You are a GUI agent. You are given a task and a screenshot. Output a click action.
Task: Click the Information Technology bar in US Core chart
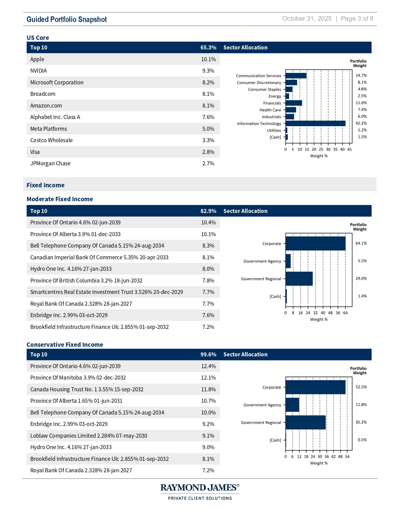pyautogui.click(x=315, y=123)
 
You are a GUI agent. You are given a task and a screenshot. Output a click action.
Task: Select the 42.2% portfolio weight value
pyautogui.click(x=361, y=123)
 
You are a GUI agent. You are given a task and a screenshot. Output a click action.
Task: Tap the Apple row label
pyautogui.click(x=37, y=59)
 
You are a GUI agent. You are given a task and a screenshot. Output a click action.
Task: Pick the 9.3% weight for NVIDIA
pyautogui.click(x=208, y=71)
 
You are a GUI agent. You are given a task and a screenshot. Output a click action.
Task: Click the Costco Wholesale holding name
pyautogui.click(x=51, y=140)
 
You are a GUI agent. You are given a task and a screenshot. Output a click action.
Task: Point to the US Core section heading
pyautogui.click(x=38, y=38)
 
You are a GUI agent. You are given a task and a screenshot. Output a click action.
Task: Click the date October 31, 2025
pyautogui.click(x=307, y=19)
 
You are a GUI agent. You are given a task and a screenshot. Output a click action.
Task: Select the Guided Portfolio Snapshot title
pyautogui.click(x=66, y=19)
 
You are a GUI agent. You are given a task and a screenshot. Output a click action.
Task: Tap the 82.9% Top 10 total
pyautogui.click(x=208, y=211)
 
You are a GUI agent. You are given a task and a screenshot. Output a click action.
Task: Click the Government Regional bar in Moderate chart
pyautogui.click(x=299, y=279)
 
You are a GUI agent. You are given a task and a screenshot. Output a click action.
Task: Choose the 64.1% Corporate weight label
pyautogui.click(x=361, y=243)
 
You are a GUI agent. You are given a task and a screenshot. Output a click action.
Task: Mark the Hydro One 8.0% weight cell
pyautogui.click(x=208, y=269)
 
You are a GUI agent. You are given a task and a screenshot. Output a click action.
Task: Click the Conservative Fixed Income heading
pyautogui.click(x=65, y=345)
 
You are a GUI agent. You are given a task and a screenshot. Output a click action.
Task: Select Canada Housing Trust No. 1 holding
pyautogui.click(x=87, y=389)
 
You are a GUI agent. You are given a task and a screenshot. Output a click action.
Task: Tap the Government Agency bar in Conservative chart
pyautogui.click(x=292, y=405)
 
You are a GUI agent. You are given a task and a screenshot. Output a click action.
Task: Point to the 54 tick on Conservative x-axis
pyautogui.click(x=347, y=457)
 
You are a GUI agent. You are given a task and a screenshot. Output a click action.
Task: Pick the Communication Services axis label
pyautogui.click(x=258, y=76)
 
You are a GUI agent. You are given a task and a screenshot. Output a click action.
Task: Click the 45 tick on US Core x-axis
pyautogui.click(x=349, y=149)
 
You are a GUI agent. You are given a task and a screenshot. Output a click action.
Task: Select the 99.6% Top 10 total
pyautogui.click(x=208, y=355)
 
